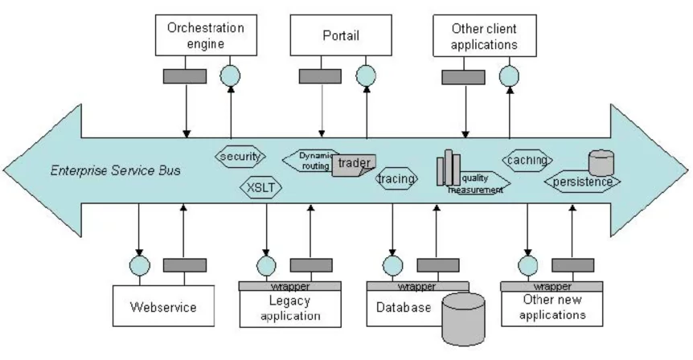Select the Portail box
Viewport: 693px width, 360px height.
pos(341,35)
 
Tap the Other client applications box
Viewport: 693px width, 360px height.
pos(483,35)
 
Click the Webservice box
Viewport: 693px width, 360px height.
pos(163,306)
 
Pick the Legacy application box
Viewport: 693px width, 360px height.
pos(290,308)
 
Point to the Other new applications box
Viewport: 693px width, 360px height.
pos(552,308)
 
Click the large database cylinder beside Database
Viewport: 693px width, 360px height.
pos(463,320)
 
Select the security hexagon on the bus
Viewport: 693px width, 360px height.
pos(241,156)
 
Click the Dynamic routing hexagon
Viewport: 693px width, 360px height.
pos(311,160)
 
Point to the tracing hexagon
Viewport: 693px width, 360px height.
pos(396,179)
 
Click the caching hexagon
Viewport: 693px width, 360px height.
pos(528,161)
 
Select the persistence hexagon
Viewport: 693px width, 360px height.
pos(583,182)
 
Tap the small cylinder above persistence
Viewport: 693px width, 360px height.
pos(601,162)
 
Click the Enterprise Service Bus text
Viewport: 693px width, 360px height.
pos(116,170)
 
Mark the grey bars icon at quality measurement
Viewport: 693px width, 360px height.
pos(447,170)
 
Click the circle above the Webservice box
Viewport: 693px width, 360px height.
pos(139,266)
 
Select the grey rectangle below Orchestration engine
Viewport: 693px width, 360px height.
pos(186,76)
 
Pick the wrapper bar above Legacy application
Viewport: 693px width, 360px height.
pos(290,286)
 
